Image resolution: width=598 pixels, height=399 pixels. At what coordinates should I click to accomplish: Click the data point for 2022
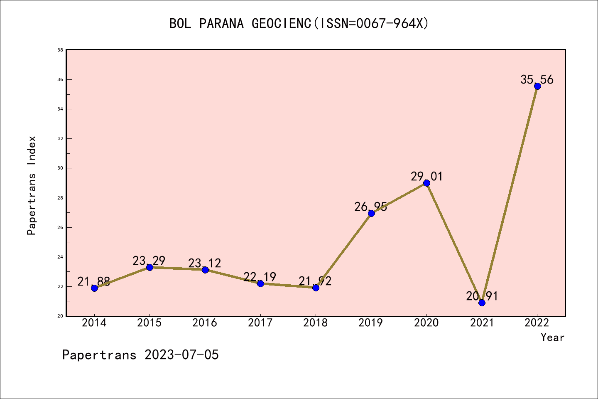pos(537,86)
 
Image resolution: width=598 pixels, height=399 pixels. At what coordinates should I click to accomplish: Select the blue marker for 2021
pos(482,303)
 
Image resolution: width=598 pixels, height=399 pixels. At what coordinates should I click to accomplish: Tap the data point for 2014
pos(94,288)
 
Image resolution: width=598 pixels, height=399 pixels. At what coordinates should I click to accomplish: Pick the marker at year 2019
pos(371,213)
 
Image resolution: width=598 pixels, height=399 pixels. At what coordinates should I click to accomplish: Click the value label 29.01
pos(427,177)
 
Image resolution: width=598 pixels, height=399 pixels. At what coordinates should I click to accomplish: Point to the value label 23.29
pos(149,261)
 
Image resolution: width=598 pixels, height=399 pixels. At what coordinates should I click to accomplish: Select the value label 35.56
pos(537,79)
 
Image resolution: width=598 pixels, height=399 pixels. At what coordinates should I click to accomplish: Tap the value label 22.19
pos(260,277)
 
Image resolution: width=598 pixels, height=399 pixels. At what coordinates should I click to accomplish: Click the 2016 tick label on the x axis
pos(205,323)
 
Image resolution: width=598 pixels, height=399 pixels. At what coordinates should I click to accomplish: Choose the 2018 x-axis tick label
pos(316,323)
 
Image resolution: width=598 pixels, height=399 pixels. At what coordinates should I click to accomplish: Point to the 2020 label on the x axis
pos(426,323)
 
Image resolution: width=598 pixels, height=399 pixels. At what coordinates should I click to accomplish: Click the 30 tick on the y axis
pos(60,168)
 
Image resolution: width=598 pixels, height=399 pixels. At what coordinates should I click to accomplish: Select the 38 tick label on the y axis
pos(60,50)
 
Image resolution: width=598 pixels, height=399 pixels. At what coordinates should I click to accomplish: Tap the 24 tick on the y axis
pos(60,257)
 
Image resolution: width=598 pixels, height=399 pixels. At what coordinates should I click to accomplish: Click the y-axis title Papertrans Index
pos(32,185)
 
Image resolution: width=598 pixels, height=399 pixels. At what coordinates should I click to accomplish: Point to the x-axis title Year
pos(552,337)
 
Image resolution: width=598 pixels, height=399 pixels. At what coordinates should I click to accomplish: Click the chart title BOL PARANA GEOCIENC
pos(299,23)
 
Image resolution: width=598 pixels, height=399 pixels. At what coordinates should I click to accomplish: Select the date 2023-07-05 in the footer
pos(181,355)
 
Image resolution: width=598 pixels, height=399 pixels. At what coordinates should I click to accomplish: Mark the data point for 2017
pos(260,283)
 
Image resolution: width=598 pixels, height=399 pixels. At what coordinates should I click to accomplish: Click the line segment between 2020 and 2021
pos(454,243)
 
